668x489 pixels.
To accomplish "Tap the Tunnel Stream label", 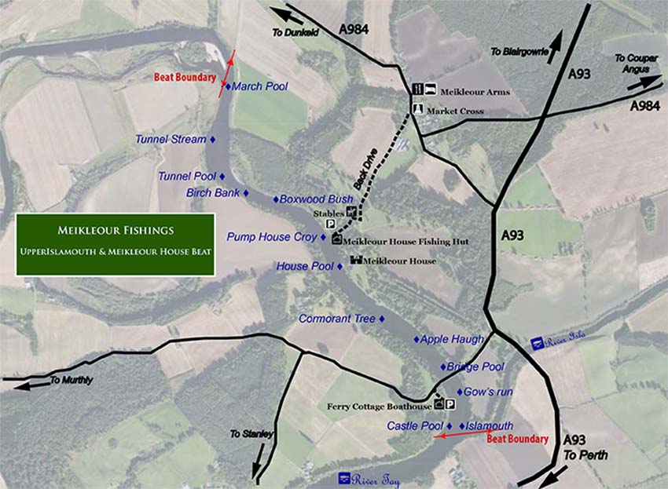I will pos(171,140).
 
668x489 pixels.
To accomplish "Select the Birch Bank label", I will pos(213,192).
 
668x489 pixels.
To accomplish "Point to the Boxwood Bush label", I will pos(317,200).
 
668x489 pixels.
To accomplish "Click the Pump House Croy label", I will pos(271,236).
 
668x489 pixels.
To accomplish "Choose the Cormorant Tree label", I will pos(337,319).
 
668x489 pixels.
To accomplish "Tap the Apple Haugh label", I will pos(452,339).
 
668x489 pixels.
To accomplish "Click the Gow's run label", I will pos(488,391).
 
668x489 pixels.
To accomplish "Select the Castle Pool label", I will pos(415,425).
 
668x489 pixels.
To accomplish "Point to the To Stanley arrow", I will pos(258,469).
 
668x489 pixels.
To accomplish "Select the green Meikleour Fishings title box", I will pos(115,243).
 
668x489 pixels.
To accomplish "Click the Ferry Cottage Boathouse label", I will pos(380,407).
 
